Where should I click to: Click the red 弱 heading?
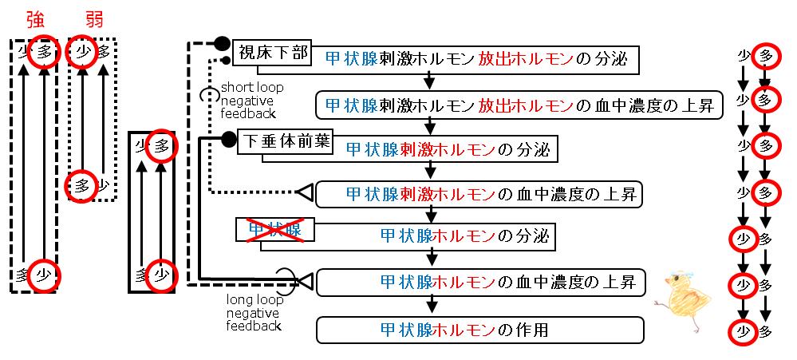[x=94, y=19]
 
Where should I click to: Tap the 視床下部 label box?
[x=272, y=53]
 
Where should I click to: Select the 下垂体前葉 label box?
[x=285, y=140]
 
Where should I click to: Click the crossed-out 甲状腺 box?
[x=274, y=231]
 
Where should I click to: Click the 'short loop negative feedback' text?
[x=251, y=100]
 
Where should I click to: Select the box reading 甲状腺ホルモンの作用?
[x=479, y=330]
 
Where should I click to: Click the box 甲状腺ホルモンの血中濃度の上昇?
[x=479, y=283]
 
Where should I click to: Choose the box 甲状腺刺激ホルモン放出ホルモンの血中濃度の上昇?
[x=519, y=105]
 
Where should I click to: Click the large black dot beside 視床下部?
[x=221, y=43]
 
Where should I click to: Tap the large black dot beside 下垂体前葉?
[x=228, y=137]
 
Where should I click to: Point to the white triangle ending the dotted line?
[x=305, y=192]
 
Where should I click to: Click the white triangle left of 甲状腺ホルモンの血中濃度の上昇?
[x=306, y=279]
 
